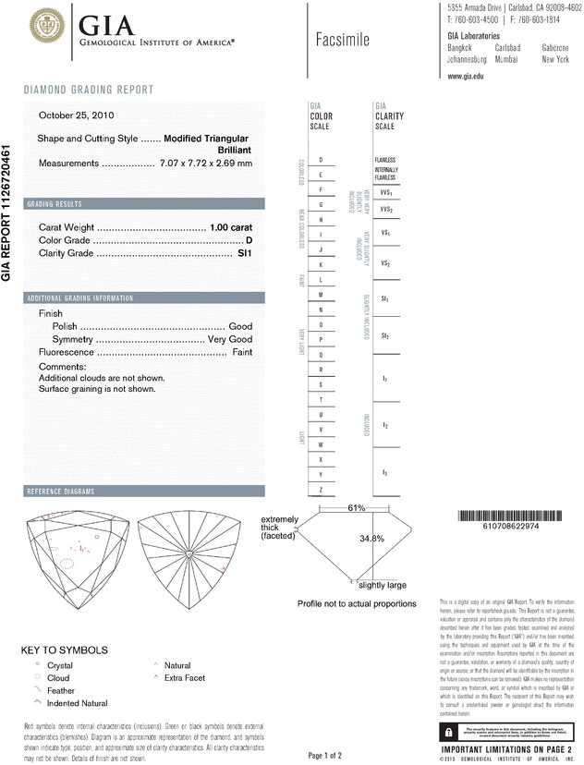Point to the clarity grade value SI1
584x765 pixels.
click(245, 252)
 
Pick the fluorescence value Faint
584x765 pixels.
click(242, 352)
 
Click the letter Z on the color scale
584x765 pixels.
click(321, 488)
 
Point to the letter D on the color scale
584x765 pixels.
click(321, 160)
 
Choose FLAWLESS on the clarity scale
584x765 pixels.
click(385, 160)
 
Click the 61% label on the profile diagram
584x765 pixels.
click(357, 508)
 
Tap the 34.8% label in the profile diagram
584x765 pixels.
click(371, 538)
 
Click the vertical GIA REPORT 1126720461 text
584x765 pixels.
click(7, 212)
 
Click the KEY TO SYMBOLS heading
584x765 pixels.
click(65, 650)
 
